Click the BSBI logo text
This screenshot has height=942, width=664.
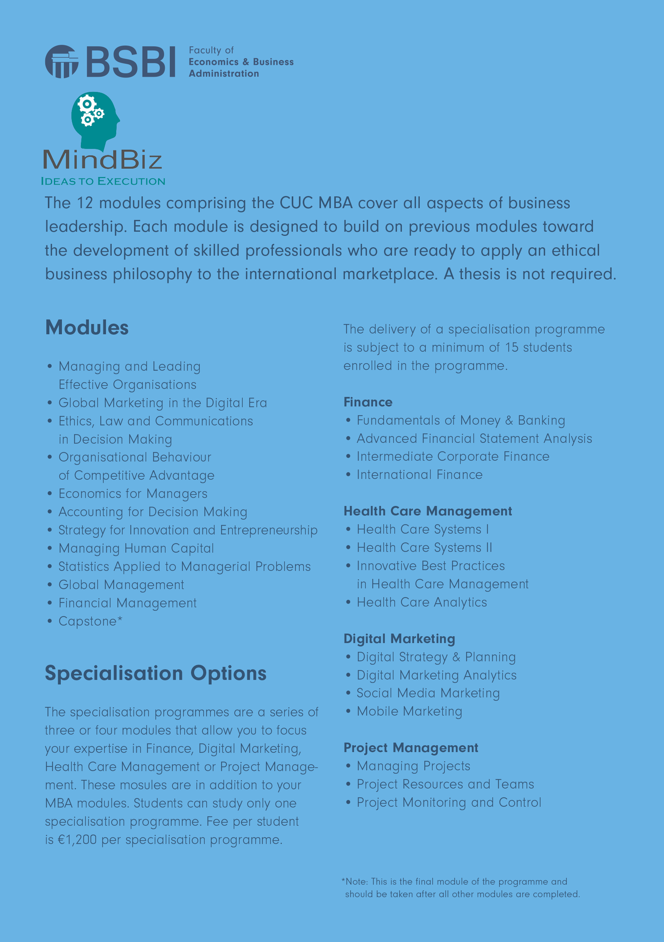pos(131,62)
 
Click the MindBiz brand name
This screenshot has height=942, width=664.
pos(103,160)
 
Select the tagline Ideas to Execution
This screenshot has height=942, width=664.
pos(103,181)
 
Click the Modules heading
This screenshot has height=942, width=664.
pos(87,328)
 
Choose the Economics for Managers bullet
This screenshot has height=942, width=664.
pos(133,493)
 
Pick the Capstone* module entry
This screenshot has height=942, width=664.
pos(90,621)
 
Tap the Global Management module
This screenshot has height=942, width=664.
pos(122,585)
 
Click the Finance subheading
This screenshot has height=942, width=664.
pos(368,402)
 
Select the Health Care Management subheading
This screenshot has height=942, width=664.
pos(428,511)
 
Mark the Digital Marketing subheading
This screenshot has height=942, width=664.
pos(399,639)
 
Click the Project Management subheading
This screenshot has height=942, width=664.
pos(411,748)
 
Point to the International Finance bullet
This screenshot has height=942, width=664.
pos(419,475)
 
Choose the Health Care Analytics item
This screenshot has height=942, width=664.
pos(422,602)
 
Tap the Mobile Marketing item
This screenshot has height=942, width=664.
pos(409,711)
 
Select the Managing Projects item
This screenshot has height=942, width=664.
pos(414,766)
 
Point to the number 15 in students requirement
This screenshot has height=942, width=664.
pos(512,348)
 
